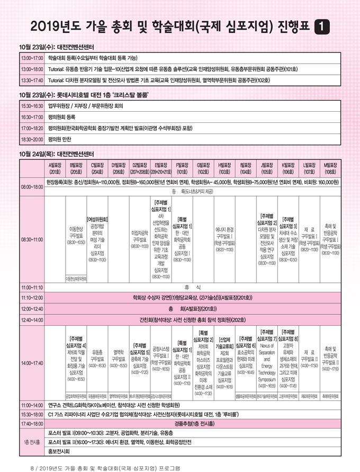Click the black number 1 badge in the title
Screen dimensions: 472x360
pyautogui.click(x=321, y=25)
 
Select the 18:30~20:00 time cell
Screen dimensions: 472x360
pyautogui.click(x=32, y=139)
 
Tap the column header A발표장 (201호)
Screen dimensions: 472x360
pyautogui.click(x=55, y=168)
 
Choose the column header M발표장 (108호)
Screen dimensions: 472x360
pyautogui.click(x=331, y=168)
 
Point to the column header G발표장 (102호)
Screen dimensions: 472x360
pyautogui.click(x=202, y=168)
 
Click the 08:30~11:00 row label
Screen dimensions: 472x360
pyautogui.click(x=32, y=239)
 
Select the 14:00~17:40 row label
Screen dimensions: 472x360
pyautogui.click(x=32, y=363)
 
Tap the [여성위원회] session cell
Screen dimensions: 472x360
pyautogui.click(x=97, y=239)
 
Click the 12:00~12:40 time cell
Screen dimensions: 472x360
pyautogui.click(x=32, y=308)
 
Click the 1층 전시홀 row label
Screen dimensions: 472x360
pyautogui.click(x=32, y=442)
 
